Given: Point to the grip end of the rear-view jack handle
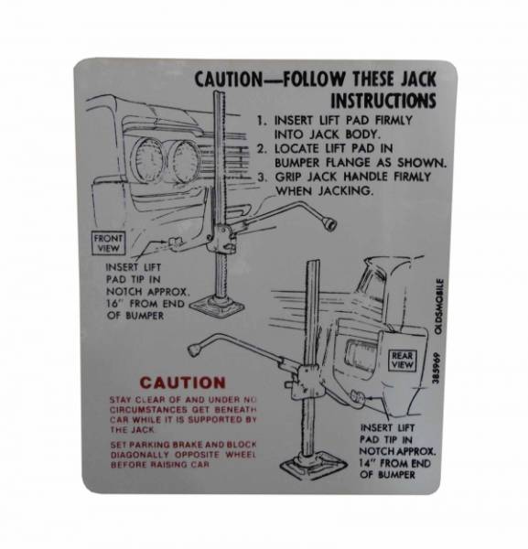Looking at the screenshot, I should [x=194, y=350].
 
